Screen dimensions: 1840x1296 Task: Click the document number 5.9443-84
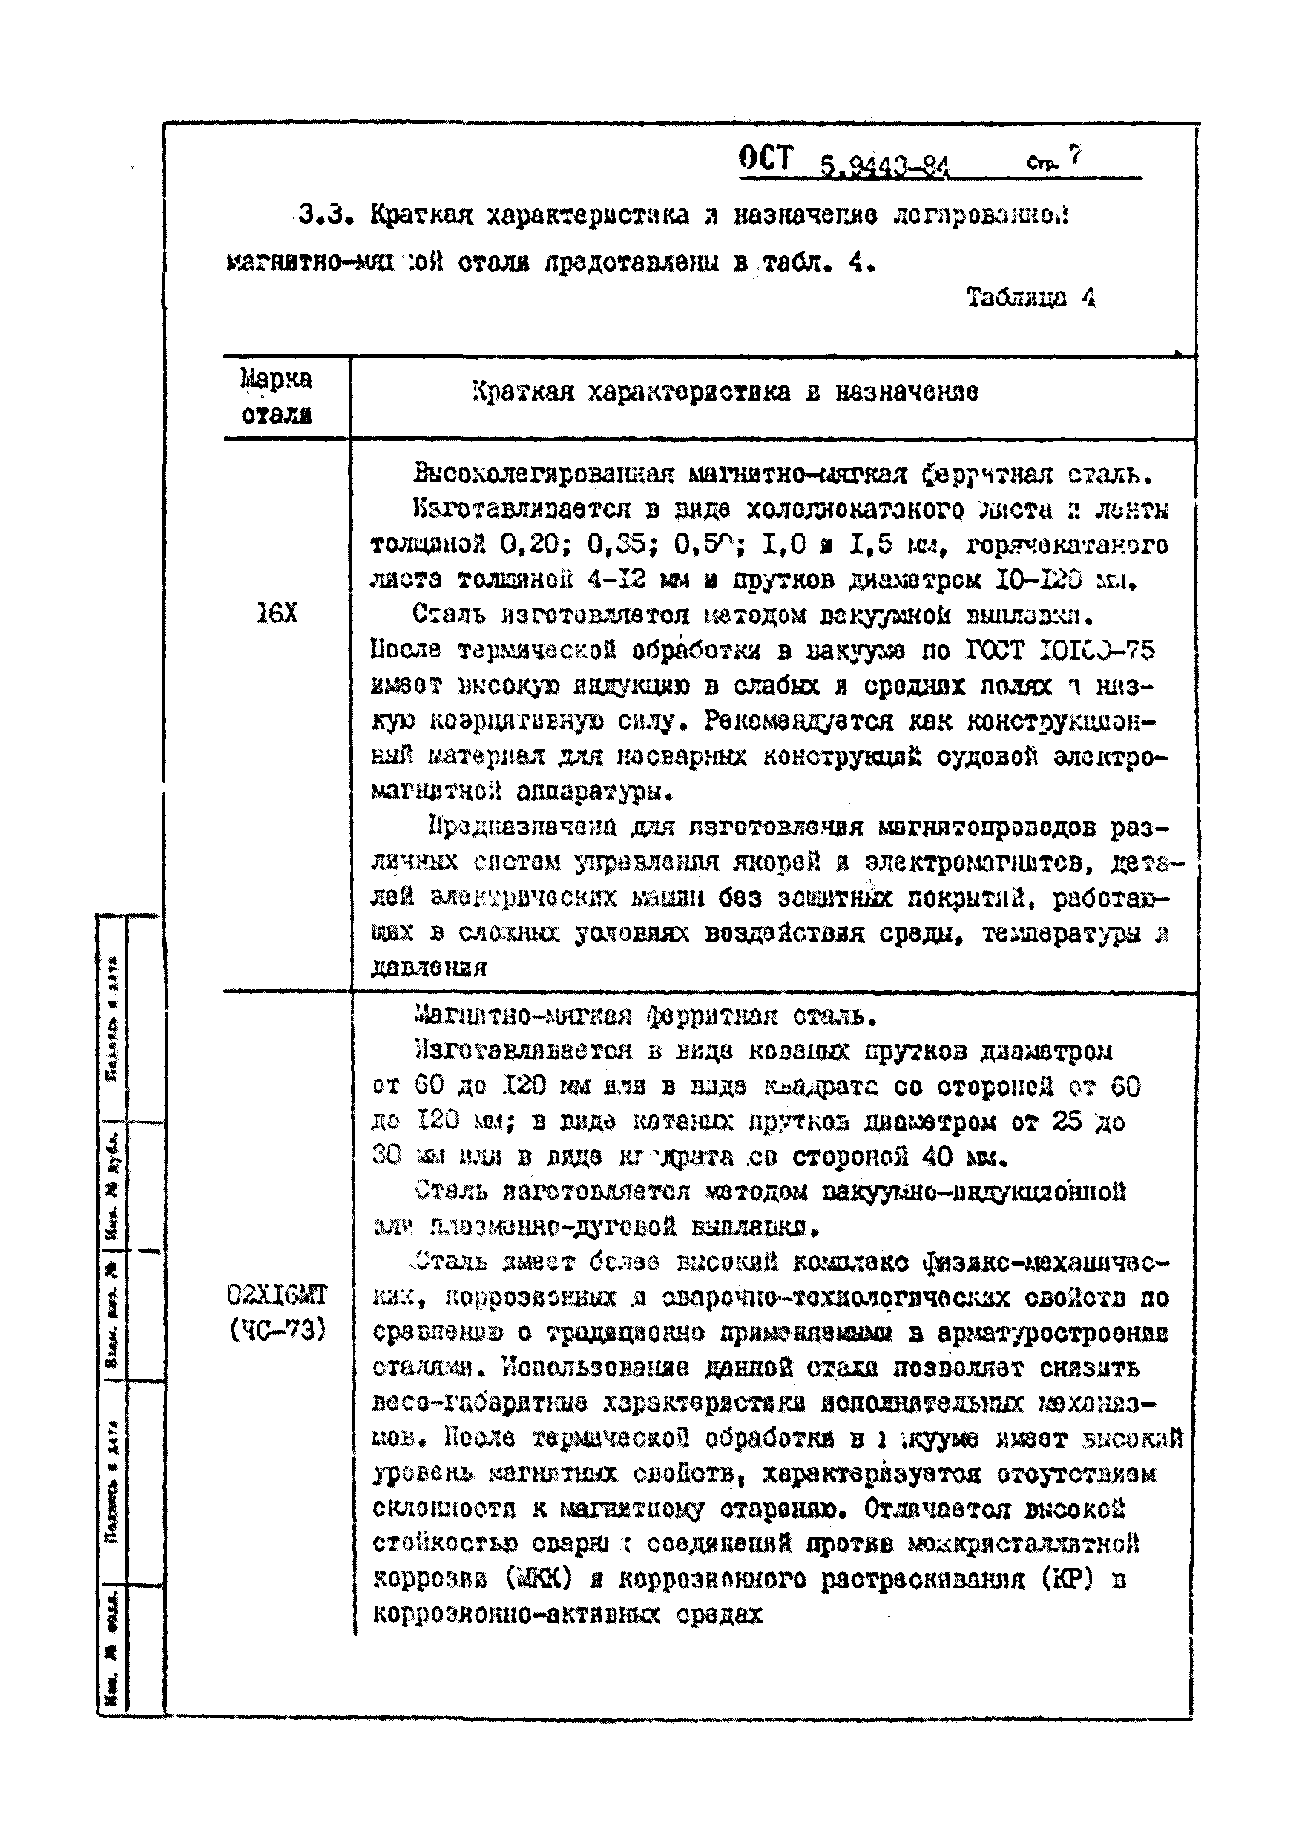pyautogui.click(x=884, y=167)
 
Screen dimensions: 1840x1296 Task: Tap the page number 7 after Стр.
pyautogui.click(x=1075, y=157)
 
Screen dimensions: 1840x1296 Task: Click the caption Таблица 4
pyautogui.click(x=1030, y=298)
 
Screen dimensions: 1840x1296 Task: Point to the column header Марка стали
pyautogui.click(x=277, y=397)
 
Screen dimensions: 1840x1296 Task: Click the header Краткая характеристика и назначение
pyautogui.click(x=725, y=392)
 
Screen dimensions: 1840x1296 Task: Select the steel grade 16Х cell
pyautogui.click(x=277, y=614)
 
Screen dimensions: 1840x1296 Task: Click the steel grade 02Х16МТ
pyautogui.click(x=277, y=1295)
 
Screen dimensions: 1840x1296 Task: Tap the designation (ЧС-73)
pyautogui.click(x=277, y=1330)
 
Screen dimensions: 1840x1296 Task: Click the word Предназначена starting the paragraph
pyautogui.click(x=522, y=827)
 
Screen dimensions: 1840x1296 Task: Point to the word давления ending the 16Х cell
pyautogui.click(x=429, y=968)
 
